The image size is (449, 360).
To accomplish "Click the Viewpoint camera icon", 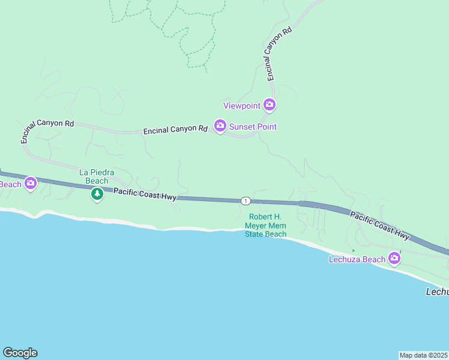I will (270, 105).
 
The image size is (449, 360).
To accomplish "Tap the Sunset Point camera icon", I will (220, 126).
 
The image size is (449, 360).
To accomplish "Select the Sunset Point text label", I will (253, 127).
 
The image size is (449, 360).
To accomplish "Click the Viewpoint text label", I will (242, 106).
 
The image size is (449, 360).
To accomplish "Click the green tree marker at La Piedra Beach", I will (97, 194).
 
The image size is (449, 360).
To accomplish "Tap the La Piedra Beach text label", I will (94, 176).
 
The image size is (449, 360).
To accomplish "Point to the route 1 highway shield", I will (245, 200).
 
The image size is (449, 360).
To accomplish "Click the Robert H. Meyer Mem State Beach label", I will (265, 225).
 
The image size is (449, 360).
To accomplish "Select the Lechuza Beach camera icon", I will (394, 258).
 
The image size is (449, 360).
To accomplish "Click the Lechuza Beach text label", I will (357, 259).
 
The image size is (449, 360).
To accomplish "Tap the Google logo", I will (20, 353).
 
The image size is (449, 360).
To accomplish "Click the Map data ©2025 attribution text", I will (424, 355).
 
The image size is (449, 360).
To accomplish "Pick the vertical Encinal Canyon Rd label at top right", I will (279, 53).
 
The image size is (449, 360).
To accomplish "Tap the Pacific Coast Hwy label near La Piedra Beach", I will (145, 194).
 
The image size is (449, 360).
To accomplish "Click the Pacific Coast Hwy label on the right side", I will (379, 226).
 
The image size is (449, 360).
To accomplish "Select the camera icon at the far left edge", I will (30, 183).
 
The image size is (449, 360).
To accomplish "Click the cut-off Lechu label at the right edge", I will (436, 292).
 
